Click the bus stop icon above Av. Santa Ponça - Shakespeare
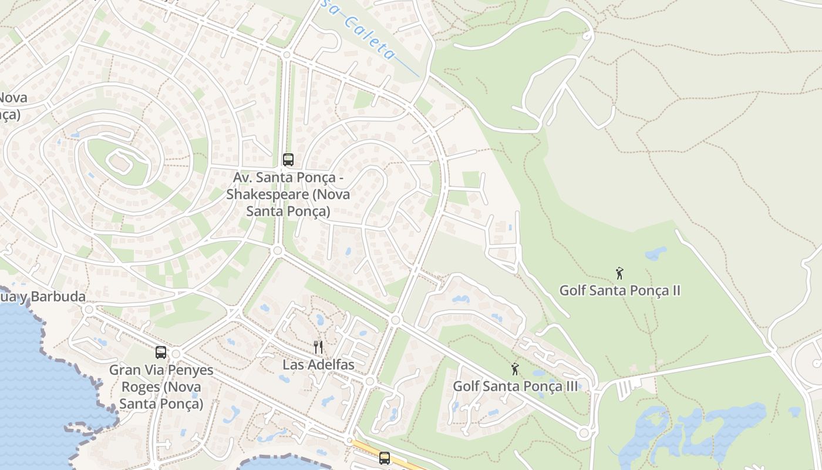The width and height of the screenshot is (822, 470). (288, 159)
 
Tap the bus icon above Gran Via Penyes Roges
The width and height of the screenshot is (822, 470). (161, 352)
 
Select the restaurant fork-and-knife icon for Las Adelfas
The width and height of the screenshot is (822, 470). (318, 347)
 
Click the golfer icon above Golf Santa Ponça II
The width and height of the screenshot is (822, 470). (619, 273)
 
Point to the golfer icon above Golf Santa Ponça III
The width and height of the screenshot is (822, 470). (515, 369)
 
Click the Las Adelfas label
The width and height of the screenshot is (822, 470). (318, 365)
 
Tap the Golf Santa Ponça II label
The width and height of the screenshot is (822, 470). (619, 290)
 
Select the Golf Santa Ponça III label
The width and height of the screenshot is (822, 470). (515, 387)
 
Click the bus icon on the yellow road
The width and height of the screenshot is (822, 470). (385, 458)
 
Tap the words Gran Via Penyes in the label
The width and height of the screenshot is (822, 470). (161, 370)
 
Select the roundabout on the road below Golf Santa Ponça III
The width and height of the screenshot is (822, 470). (583, 434)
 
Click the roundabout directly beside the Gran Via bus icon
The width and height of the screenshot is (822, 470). (176, 354)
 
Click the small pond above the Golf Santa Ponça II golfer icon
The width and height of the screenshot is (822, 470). (655, 254)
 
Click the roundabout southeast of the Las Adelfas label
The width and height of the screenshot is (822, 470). (369, 381)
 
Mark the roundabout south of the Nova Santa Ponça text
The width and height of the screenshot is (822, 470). (278, 251)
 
